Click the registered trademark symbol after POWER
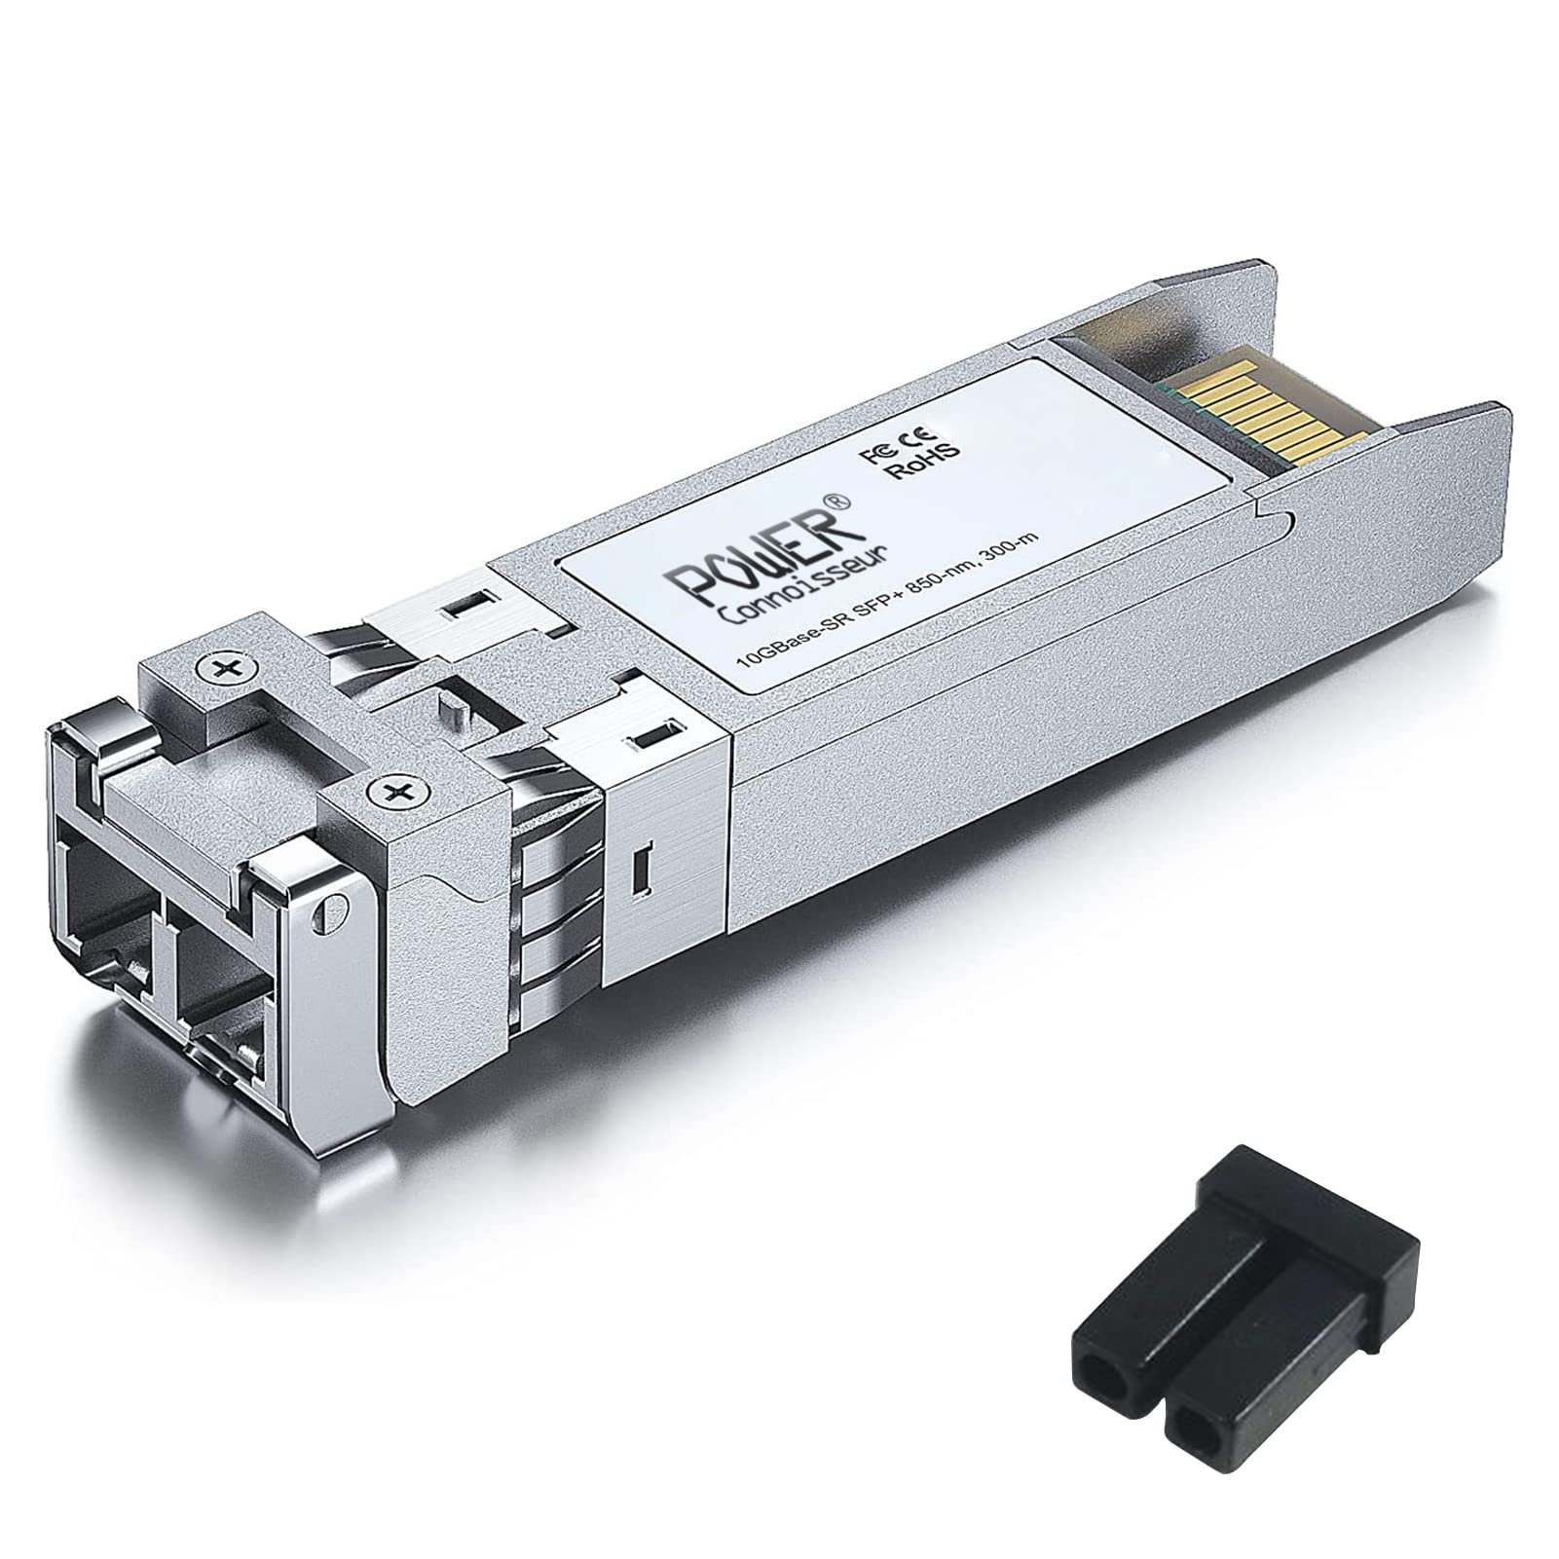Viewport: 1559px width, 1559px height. coord(841,501)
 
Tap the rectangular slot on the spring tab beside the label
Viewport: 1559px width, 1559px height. coord(650,741)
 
